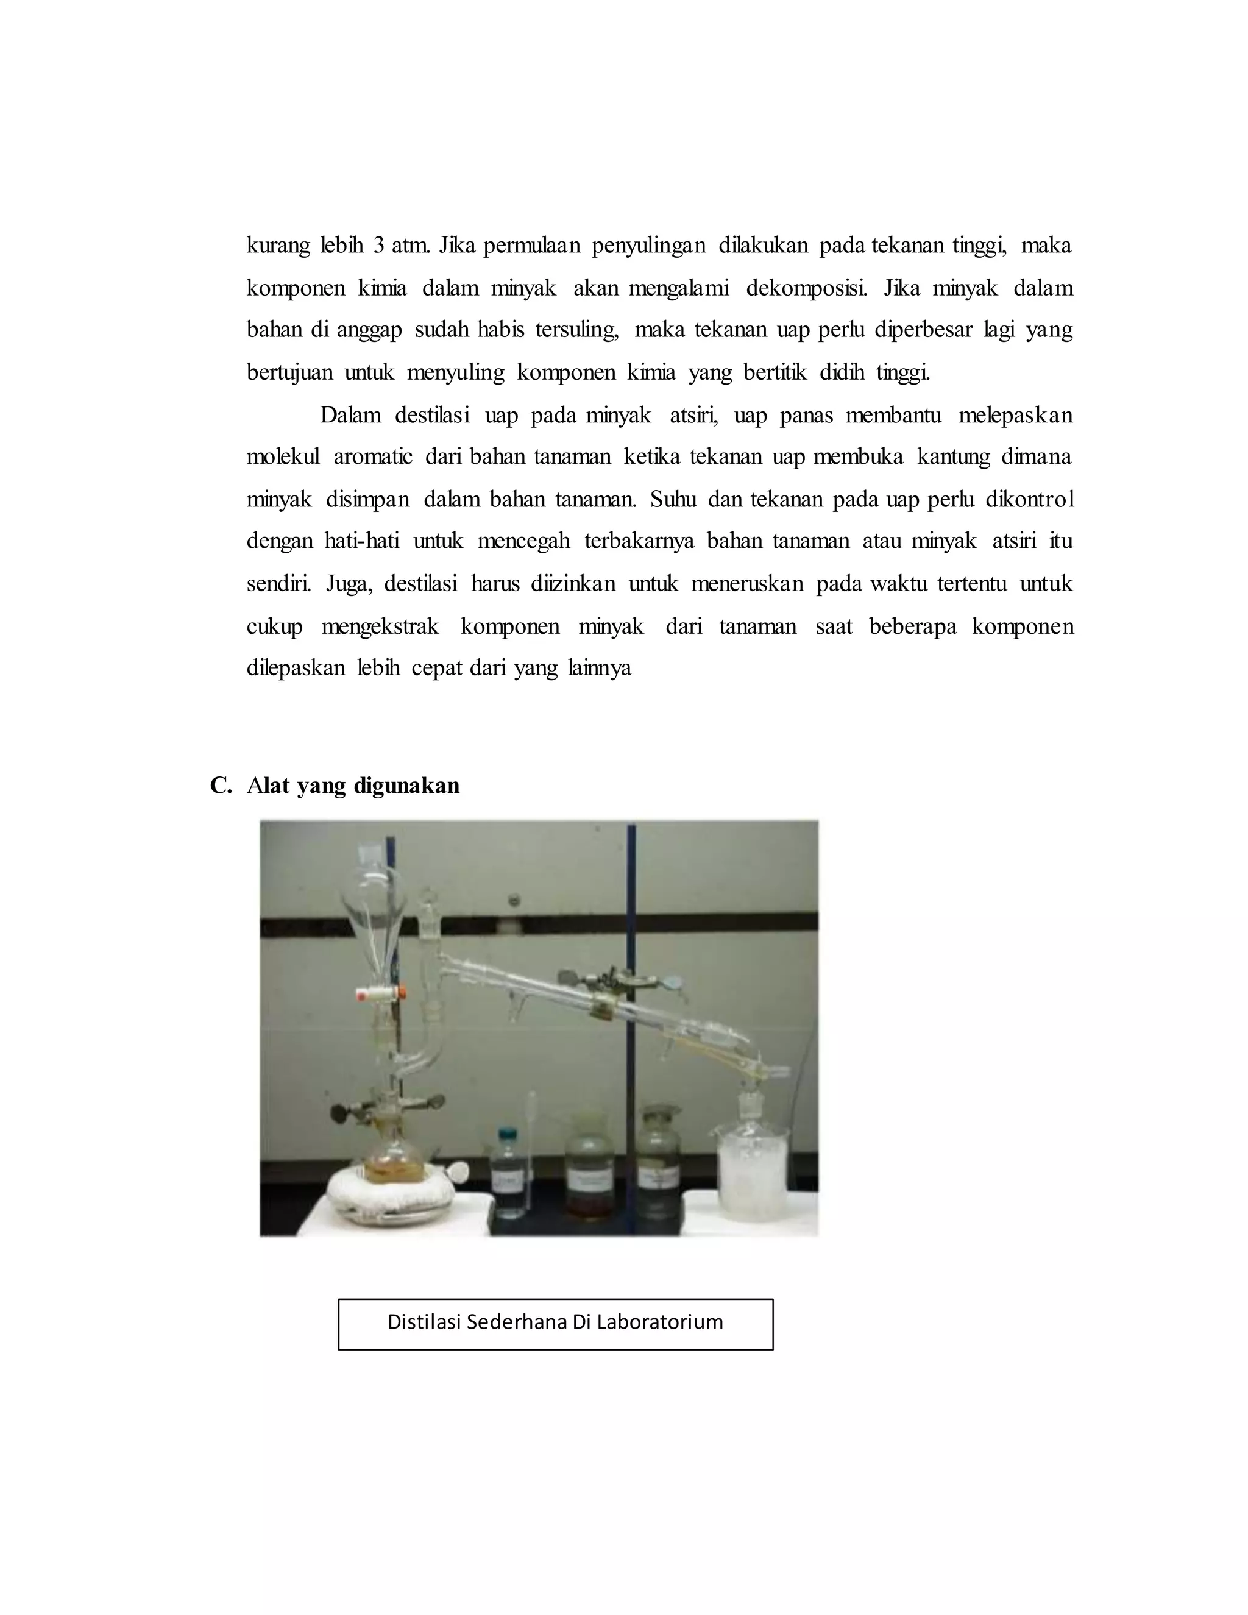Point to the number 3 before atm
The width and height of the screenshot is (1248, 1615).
pyautogui.click(x=378, y=246)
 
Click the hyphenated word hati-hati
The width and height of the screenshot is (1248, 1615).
pyautogui.click(x=361, y=541)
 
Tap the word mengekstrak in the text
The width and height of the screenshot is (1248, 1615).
pyautogui.click(x=380, y=626)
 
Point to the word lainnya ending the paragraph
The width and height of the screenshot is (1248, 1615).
pyautogui.click(x=600, y=668)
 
